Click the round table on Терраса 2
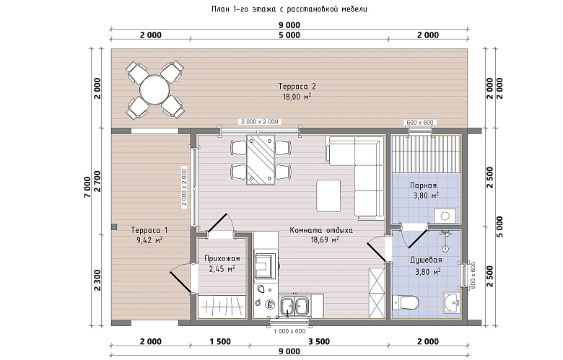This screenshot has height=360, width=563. tap(154, 89)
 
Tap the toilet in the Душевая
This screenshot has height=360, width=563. tap(406, 302)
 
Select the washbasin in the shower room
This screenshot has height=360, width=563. tap(451, 302)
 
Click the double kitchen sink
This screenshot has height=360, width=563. tap(294, 306)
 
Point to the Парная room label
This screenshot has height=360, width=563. tap(423, 185)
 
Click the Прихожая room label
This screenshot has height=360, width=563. tap(222, 258)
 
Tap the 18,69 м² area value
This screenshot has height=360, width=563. tap(325, 240)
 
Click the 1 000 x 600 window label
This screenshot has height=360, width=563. tap(289, 331)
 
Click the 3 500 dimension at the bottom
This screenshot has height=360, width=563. tap(319, 341)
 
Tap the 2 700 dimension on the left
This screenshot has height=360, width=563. tap(97, 182)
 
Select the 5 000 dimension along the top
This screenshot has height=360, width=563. tap(289, 35)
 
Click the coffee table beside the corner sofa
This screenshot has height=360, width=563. tap(328, 196)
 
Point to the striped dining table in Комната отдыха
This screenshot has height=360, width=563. tap(261, 159)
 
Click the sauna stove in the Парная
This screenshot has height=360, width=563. tap(445, 216)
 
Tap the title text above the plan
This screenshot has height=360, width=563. tap(289, 9)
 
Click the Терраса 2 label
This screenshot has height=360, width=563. tap(297, 87)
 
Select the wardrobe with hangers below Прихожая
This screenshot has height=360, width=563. tap(221, 307)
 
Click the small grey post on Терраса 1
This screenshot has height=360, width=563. tap(114, 227)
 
